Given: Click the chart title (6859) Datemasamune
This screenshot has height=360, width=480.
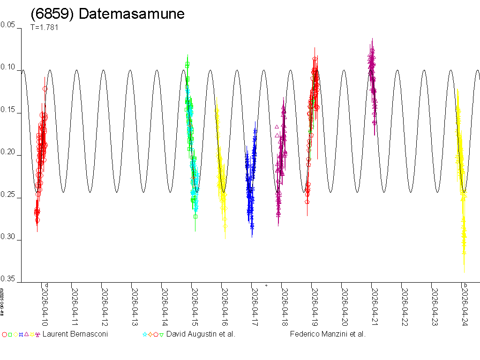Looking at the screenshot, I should (107, 14).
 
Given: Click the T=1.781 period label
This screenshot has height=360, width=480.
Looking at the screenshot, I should (44, 27).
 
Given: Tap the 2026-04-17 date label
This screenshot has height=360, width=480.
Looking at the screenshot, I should (255, 305).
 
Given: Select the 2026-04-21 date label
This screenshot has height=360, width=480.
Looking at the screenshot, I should (375, 305).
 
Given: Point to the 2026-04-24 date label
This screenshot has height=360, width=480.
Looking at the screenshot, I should (465, 305).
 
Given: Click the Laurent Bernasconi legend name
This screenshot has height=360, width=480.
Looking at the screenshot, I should (75, 334).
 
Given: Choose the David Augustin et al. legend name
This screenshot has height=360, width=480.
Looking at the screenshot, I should (201, 334).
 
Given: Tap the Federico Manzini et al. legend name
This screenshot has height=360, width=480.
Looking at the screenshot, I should (328, 334).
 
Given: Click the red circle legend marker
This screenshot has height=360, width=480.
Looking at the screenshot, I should (4, 335).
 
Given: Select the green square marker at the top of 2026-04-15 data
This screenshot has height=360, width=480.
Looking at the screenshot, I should (187, 64).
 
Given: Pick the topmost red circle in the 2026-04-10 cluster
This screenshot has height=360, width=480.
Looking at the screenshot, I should (45, 89).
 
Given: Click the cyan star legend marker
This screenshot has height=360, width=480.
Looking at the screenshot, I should (145, 335).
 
